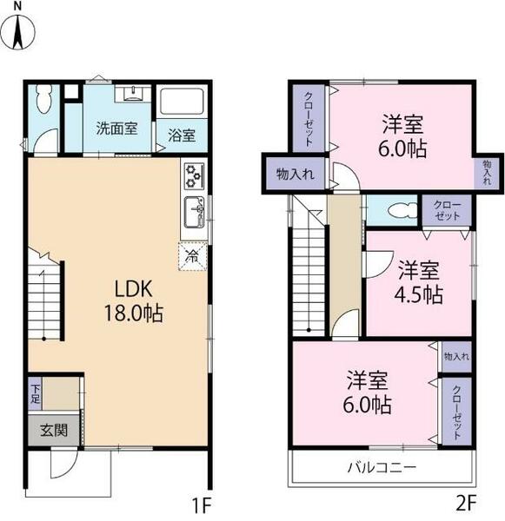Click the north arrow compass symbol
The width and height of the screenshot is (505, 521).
(18, 30)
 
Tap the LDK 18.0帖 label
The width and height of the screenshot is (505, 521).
(134, 301)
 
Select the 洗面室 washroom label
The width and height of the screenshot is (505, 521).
(116, 129)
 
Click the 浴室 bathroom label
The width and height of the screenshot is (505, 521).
(182, 135)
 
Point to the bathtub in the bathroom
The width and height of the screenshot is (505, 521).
(182, 102)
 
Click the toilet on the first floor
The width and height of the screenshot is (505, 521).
(43, 99)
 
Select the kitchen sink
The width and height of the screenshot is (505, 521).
(195, 213)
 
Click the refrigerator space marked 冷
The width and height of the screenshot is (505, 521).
(192, 256)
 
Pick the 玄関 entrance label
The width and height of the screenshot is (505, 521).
(54, 431)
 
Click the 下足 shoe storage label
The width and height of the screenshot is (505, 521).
(35, 394)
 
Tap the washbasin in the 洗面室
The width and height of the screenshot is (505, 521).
(132, 93)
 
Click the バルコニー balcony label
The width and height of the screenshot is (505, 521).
(382, 467)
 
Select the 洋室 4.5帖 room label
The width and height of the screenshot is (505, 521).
(418, 282)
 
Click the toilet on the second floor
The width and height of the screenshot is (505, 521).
(402, 210)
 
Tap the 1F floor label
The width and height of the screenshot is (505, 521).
(202, 505)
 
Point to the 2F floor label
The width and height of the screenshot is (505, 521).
(466, 502)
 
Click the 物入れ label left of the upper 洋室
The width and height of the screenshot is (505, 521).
(296, 175)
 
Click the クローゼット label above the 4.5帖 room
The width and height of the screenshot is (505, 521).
(447, 211)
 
